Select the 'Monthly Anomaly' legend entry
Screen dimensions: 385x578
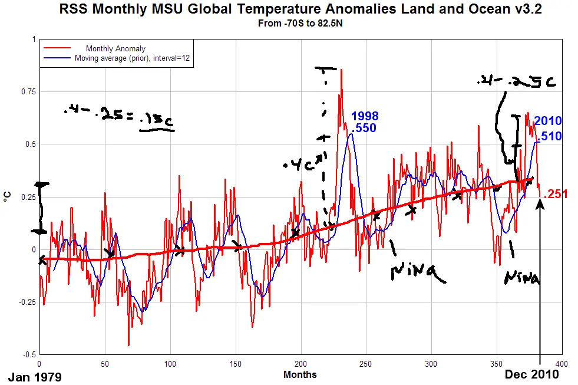115,49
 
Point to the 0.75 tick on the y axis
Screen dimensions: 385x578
26,92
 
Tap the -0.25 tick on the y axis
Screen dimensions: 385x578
25,302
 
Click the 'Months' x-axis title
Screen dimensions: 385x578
300,374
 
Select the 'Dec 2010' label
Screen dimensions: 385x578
531,374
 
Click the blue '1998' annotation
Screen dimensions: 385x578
365,116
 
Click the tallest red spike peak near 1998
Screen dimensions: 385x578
341,70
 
